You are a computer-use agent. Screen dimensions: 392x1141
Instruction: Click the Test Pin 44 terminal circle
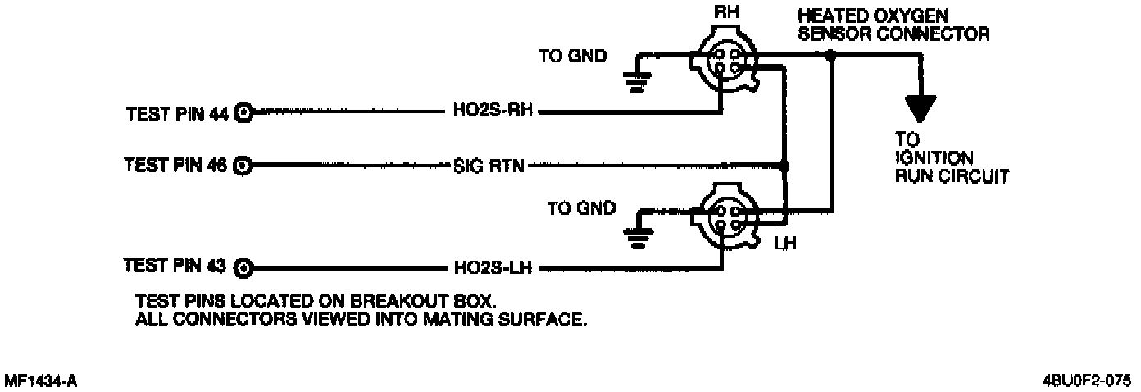tap(243, 113)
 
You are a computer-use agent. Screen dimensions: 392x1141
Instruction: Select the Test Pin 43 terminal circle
tap(243, 267)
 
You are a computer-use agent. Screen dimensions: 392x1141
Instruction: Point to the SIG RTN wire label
tap(489, 166)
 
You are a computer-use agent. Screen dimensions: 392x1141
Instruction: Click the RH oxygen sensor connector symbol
tap(724, 57)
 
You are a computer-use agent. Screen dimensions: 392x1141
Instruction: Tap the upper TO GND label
tap(573, 57)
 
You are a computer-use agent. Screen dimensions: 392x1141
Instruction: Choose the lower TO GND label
tap(580, 208)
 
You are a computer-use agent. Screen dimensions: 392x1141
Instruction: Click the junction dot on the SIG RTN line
tap(784, 166)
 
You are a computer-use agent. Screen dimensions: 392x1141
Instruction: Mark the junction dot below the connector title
tap(830, 56)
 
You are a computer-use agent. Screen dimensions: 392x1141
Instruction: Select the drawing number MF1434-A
tap(41, 381)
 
